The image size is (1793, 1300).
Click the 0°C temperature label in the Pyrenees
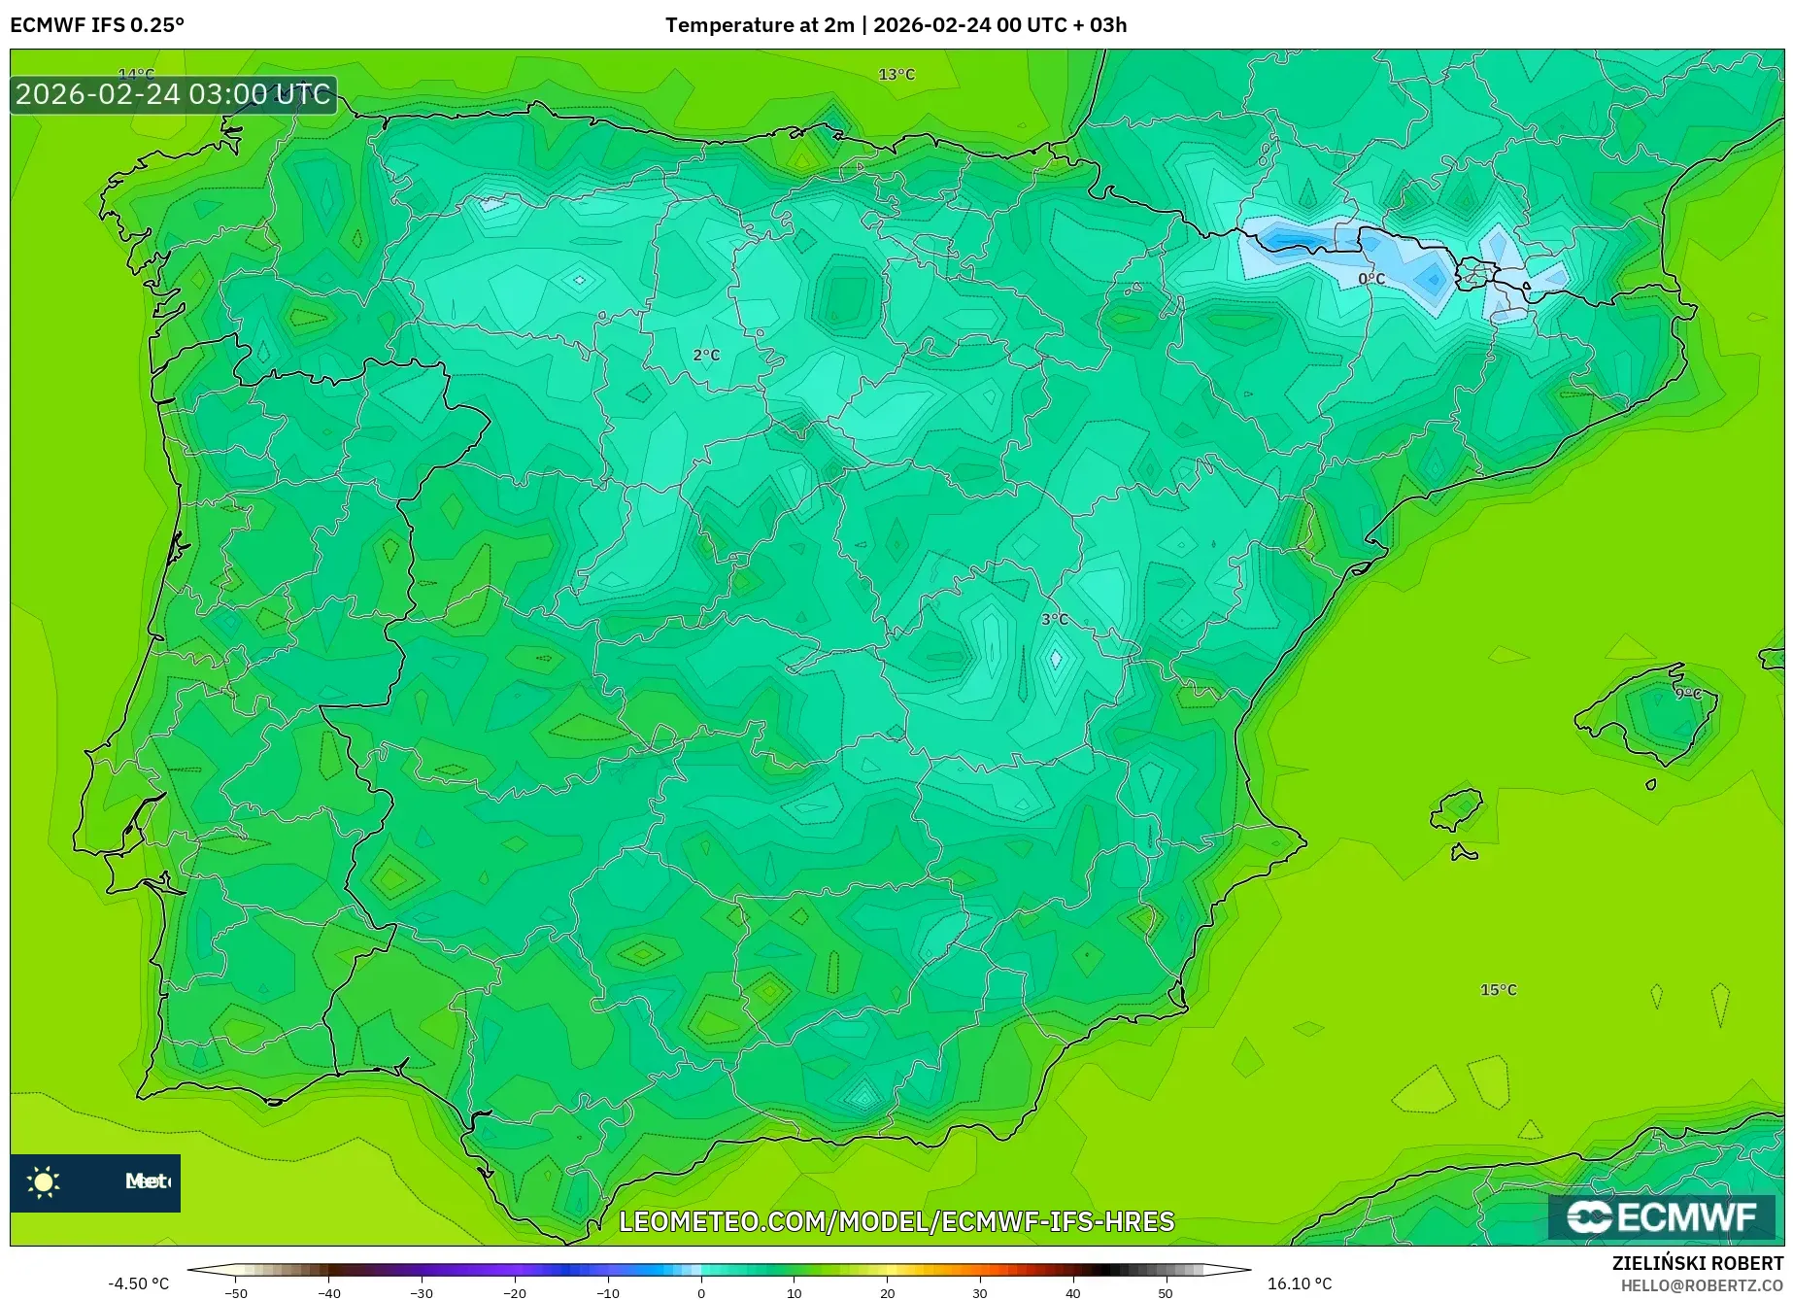pyautogui.click(x=1370, y=279)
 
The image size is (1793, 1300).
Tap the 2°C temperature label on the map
pyautogui.click(x=706, y=356)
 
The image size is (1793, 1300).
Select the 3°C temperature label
pyautogui.click(x=1055, y=619)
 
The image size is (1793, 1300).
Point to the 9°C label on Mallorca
pyautogui.click(x=1688, y=694)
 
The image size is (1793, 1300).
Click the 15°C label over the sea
pyautogui.click(x=1498, y=990)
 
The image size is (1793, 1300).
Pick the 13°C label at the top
pyautogui.click(x=896, y=75)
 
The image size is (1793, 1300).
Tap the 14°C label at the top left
pyautogui.click(x=136, y=74)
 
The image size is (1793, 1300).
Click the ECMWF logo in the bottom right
pyautogui.click(x=1662, y=1216)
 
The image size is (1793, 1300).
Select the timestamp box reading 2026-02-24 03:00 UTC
pyautogui.click(x=174, y=95)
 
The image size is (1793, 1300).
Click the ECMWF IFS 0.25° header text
pyautogui.click(x=97, y=25)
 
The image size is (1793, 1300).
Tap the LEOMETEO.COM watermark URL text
pyautogui.click(x=896, y=1221)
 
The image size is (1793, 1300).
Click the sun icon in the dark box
pyautogui.click(x=44, y=1181)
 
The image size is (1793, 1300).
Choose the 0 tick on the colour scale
pyautogui.click(x=701, y=1293)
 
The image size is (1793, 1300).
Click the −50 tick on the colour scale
pyautogui.click(x=236, y=1293)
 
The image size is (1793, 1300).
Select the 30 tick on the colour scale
pyautogui.click(x=979, y=1293)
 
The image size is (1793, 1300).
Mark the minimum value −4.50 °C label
pyautogui.click(x=138, y=1283)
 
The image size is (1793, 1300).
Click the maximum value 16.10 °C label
pyautogui.click(x=1300, y=1283)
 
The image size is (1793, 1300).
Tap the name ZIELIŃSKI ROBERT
pyautogui.click(x=1697, y=1263)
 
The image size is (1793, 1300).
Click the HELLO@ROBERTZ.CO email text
pyautogui.click(x=1701, y=1285)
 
